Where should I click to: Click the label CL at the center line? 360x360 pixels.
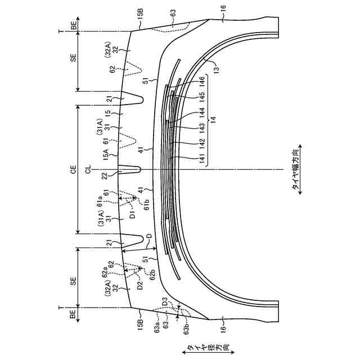(88, 169)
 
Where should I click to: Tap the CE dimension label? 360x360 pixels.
(73, 169)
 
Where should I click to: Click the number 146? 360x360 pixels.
(201, 84)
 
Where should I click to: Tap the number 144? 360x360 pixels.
(201, 114)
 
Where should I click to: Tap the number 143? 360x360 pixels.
(201, 129)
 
